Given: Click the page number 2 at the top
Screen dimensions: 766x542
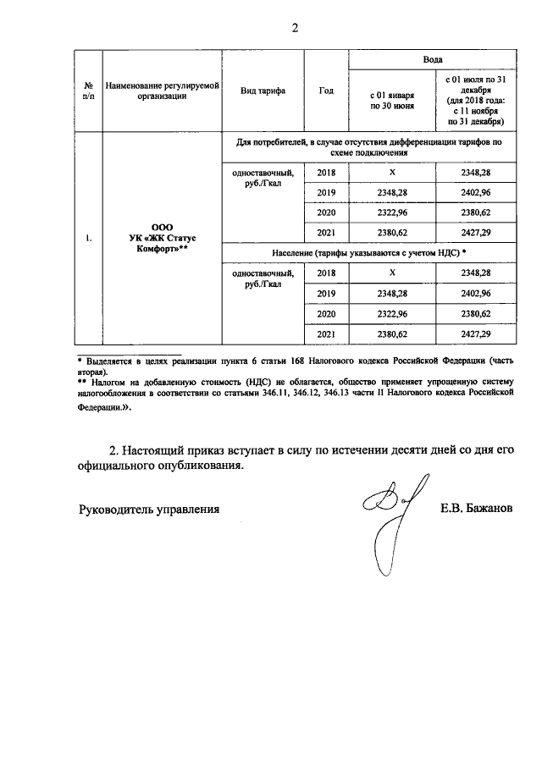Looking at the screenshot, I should (x=296, y=27).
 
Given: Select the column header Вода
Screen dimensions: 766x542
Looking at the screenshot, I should (x=433, y=59).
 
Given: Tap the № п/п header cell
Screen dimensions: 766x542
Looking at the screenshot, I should (x=88, y=91).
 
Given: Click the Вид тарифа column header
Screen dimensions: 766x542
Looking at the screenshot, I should (x=263, y=91).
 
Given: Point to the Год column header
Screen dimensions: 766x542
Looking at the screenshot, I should (x=326, y=91).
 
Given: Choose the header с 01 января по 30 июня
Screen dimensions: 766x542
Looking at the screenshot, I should (x=391, y=102).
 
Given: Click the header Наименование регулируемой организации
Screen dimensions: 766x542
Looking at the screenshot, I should (x=162, y=91).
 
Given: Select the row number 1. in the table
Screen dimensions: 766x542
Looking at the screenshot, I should (x=88, y=240).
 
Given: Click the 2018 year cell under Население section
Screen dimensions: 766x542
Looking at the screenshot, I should (x=326, y=273).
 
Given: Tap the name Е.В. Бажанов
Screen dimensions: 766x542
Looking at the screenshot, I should (x=476, y=510).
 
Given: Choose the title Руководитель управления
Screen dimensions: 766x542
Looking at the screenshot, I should (x=149, y=510).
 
